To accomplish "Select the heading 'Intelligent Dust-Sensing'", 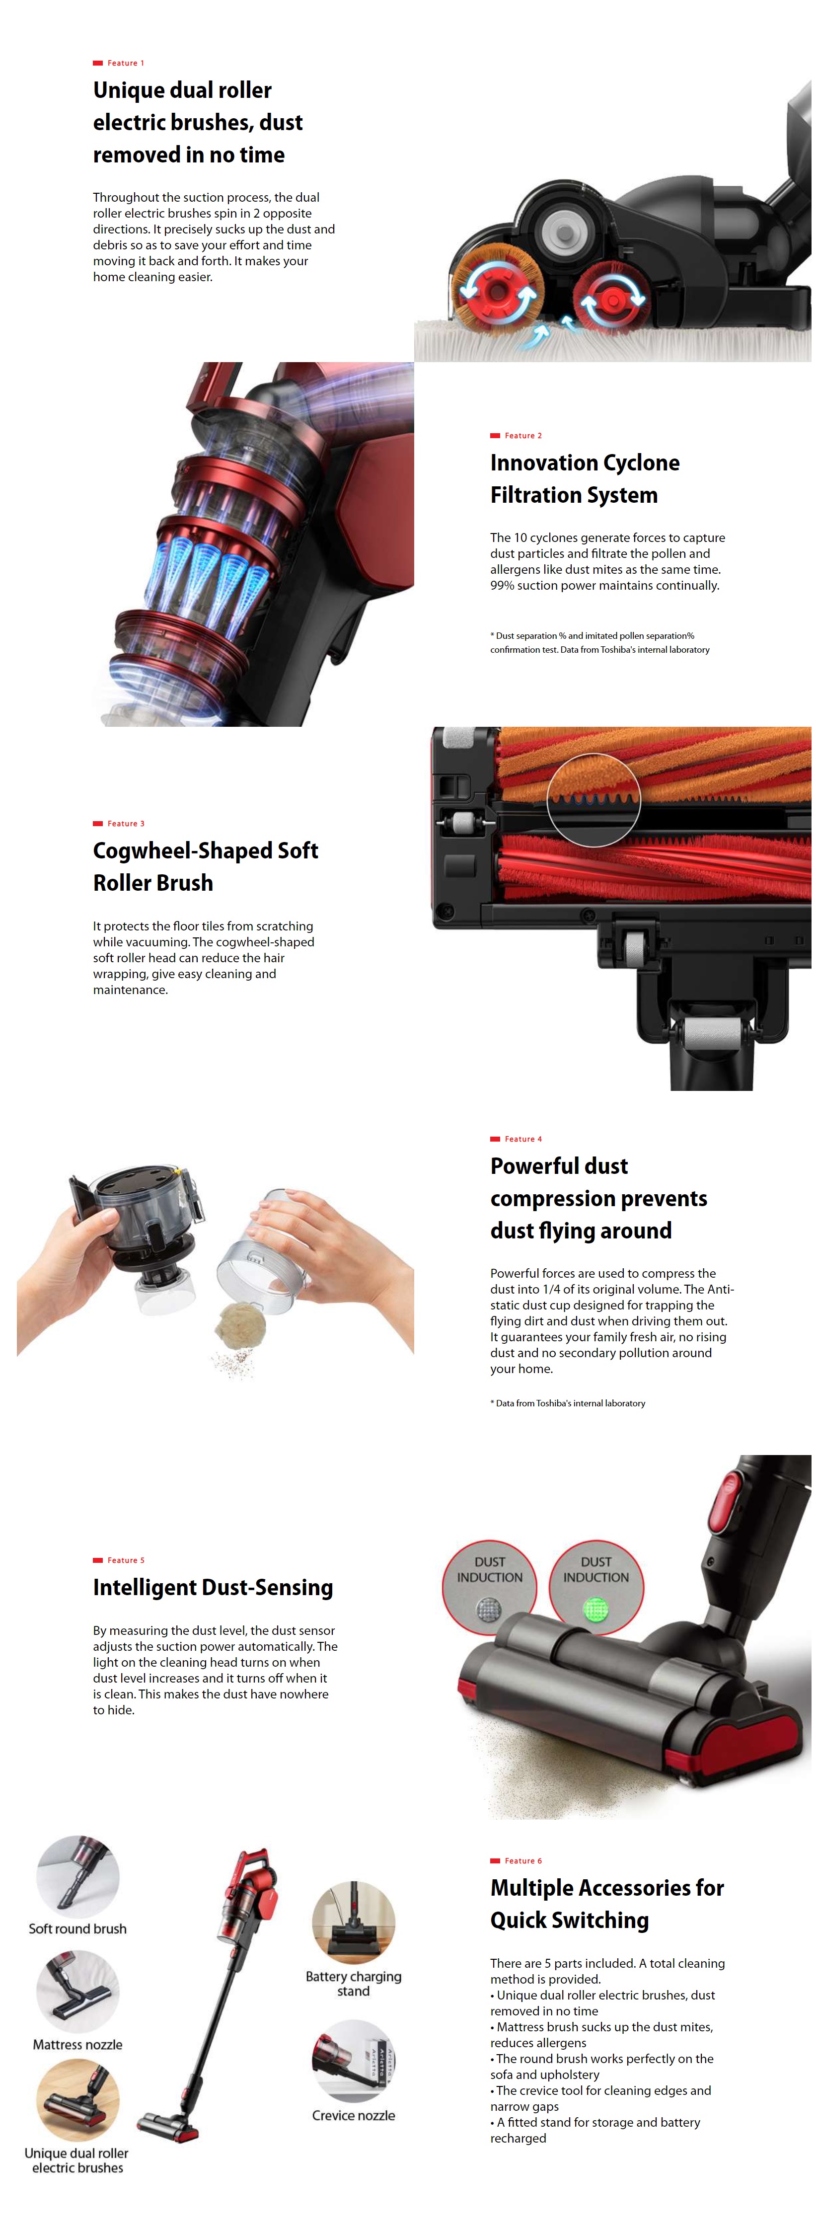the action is point(213,1587).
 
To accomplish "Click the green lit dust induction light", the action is point(596,1610).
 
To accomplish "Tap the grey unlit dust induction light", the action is point(489,1610).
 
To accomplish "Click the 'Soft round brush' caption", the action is point(77,1929).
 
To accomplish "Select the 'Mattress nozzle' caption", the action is point(77,2044).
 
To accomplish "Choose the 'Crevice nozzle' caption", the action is point(354,2115).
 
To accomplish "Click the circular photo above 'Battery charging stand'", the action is point(354,1922).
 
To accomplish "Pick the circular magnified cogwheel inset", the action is point(593,799).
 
